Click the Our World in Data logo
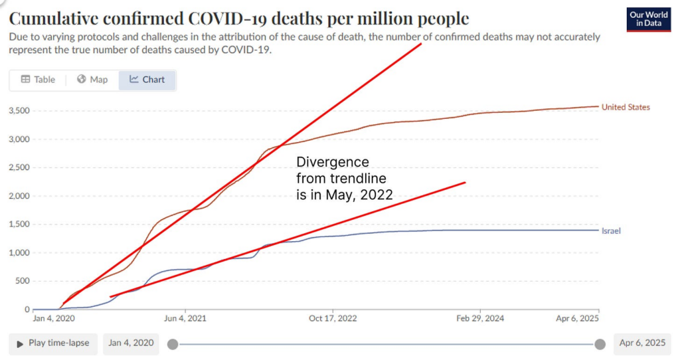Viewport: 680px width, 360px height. point(648,19)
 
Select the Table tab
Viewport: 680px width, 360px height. point(38,80)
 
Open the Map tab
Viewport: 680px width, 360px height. point(92,80)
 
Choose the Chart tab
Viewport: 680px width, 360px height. point(147,80)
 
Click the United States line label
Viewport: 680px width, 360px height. point(626,107)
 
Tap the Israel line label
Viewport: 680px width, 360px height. point(611,230)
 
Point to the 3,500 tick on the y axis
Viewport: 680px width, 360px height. point(18,111)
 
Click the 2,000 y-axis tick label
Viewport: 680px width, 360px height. point(18,196)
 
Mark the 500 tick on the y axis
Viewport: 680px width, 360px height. point(23,281)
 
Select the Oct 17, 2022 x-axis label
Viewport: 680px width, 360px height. point(333,319)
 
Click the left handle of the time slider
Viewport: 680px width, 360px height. point(173,344)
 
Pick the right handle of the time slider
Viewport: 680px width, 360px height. point(600,344)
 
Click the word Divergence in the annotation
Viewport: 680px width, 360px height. point(332,163)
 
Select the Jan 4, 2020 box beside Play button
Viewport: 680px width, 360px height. point(131,343)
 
